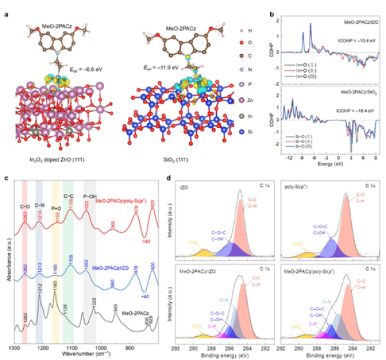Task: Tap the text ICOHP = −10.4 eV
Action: [x=355, y=39]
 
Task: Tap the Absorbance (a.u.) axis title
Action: [x=5, y=261]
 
